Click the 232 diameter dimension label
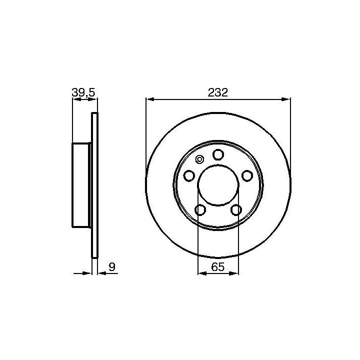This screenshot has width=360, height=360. click(x=217, y=92)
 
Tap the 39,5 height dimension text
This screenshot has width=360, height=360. click(x=83, y=92)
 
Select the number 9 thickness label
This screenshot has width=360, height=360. click(x=112, y=267)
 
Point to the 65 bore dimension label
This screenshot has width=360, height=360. click(x=217, y=267)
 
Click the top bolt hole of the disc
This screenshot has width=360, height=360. click(x=218, y=154)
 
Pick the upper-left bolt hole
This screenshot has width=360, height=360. click(x=189, y=176)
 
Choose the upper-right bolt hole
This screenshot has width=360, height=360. click(x=247, y=176)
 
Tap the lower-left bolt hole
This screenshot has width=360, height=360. click(x=200, y=210)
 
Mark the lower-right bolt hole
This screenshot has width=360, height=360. click(x=236, y=210)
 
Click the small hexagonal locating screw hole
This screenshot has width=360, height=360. click(x=199, y=159)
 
